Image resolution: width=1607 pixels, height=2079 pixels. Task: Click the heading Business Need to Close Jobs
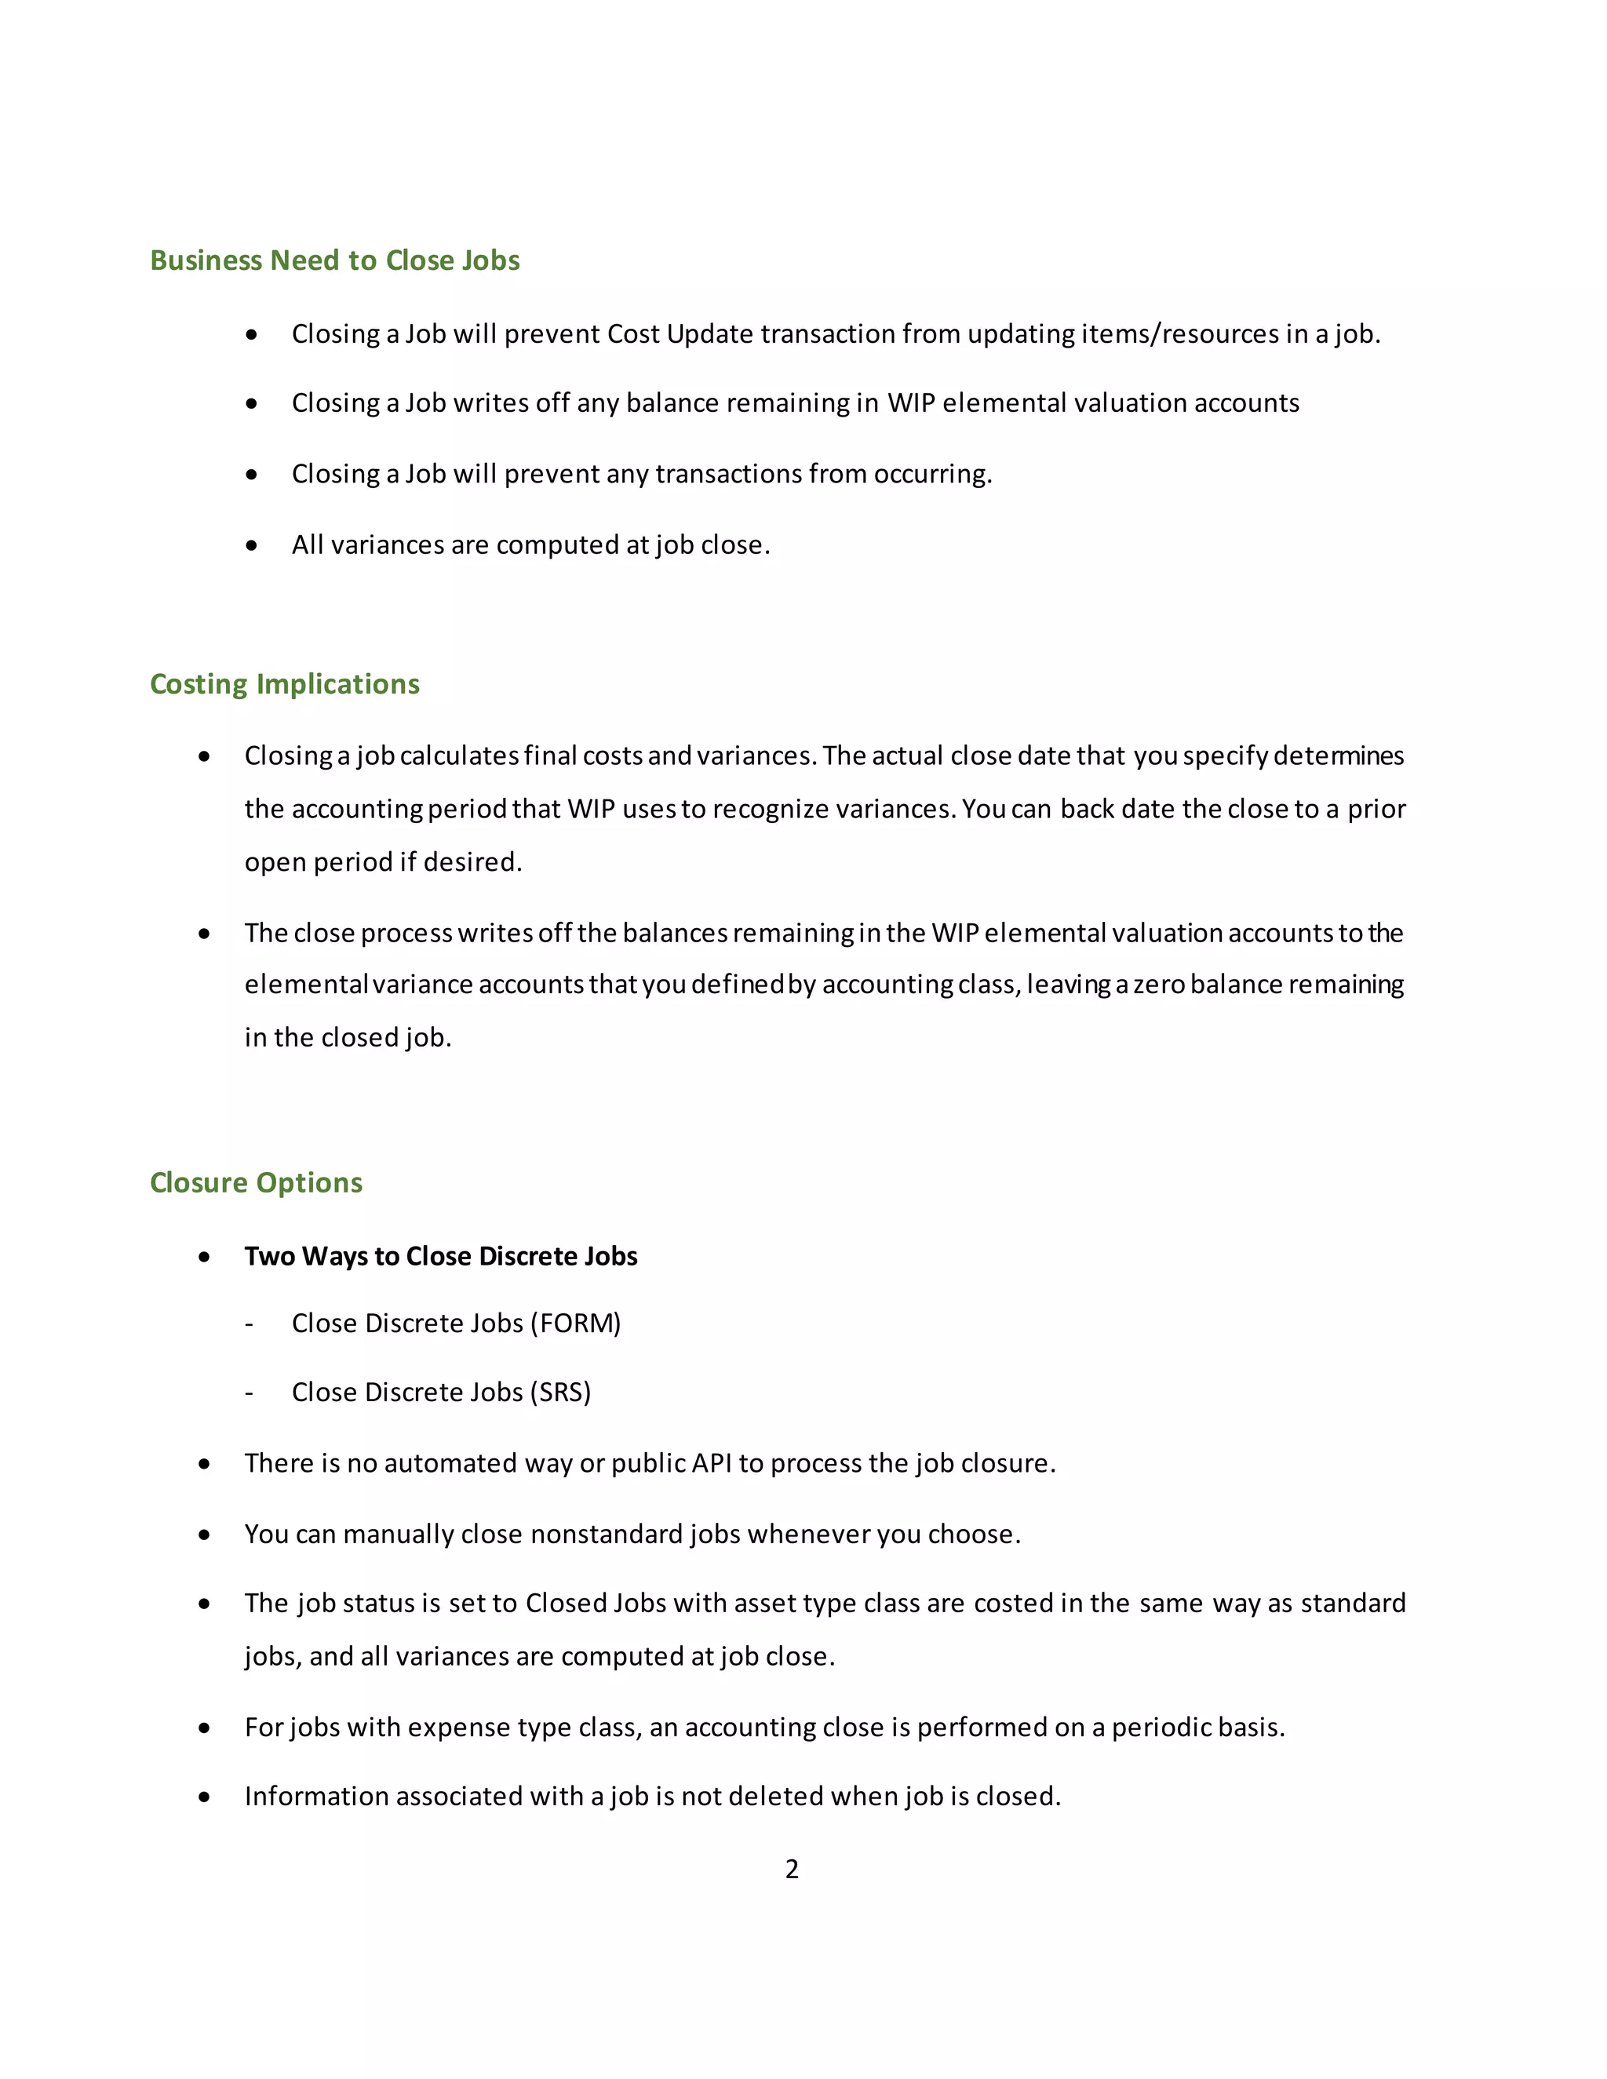pos(334,260)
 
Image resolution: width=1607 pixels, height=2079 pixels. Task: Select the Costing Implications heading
pos(285,683)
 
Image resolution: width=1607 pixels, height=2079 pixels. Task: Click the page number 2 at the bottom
pos(791,1869)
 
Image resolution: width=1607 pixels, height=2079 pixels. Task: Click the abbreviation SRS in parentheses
pos(561,1392)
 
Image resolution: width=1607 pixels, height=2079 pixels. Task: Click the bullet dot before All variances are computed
pos(251,545)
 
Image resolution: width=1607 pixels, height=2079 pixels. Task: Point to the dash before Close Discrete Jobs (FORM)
pos(250,1324)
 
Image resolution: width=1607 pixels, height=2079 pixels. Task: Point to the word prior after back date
pos(1376,808)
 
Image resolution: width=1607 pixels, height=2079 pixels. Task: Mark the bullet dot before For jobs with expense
pos(204,1728)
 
